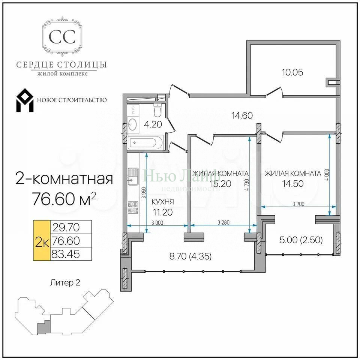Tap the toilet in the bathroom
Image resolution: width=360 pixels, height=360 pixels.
point(158,110)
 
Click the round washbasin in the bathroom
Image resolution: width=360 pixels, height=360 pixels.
point(132,124)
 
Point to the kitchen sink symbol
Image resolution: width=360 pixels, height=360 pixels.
point(133,176)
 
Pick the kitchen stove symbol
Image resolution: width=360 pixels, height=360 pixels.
point(133,207)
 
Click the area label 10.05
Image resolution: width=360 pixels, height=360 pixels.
point(292,72)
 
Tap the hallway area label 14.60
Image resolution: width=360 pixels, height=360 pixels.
point(242,115)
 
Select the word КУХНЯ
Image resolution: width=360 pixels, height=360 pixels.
point(163,202)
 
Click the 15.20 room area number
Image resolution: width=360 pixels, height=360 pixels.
point(220,184)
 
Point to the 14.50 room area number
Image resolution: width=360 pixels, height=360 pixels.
point(293,183)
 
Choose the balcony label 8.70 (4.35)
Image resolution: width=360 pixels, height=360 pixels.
point(190,256)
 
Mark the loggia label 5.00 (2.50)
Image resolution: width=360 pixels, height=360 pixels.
point(301,240)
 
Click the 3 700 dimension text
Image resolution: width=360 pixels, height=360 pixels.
point(298,204)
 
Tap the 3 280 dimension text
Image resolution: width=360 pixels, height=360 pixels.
point(223,222)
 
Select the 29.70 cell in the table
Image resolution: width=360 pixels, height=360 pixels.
point(66,227)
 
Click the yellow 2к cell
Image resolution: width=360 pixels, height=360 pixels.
point(42,240)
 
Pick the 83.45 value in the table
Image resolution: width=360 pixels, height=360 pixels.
point(66,254)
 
